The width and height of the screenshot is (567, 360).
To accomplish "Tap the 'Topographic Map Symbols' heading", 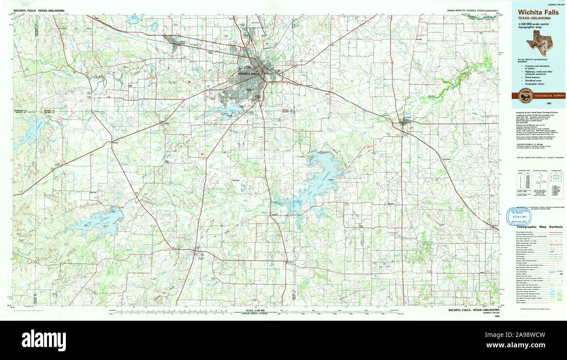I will click(x=539, y=227).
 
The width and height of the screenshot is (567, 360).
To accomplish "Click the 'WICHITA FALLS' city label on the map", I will click(x=249, y=74).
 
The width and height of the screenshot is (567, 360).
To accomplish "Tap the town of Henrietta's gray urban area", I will click(x=406, y=122).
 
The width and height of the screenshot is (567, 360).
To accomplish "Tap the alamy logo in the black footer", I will click(x=44, y=340).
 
